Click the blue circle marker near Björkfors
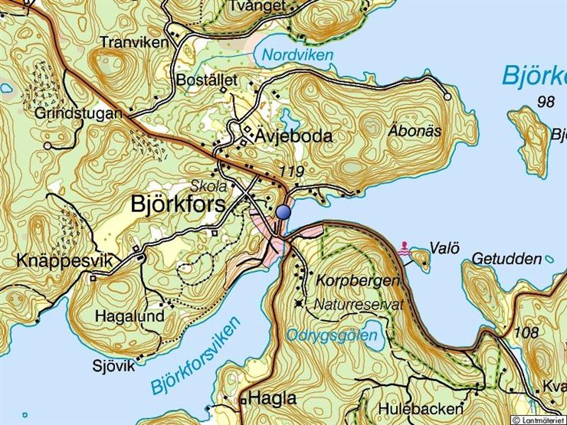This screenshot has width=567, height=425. tap(284, 212)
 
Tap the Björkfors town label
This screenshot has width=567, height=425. tap(179, 204)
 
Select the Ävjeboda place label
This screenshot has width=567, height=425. tap(293, 136)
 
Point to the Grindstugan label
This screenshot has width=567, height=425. tap(79, 113)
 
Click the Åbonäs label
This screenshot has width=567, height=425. tap(415, 131)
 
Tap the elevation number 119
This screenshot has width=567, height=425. tap(292, 172)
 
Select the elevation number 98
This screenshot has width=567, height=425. tap(546, 102)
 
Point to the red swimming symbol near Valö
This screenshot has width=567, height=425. tap(405, 247)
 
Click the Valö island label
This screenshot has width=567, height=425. tap(444, 247)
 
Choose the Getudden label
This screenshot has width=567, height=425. tap(506, 259)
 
